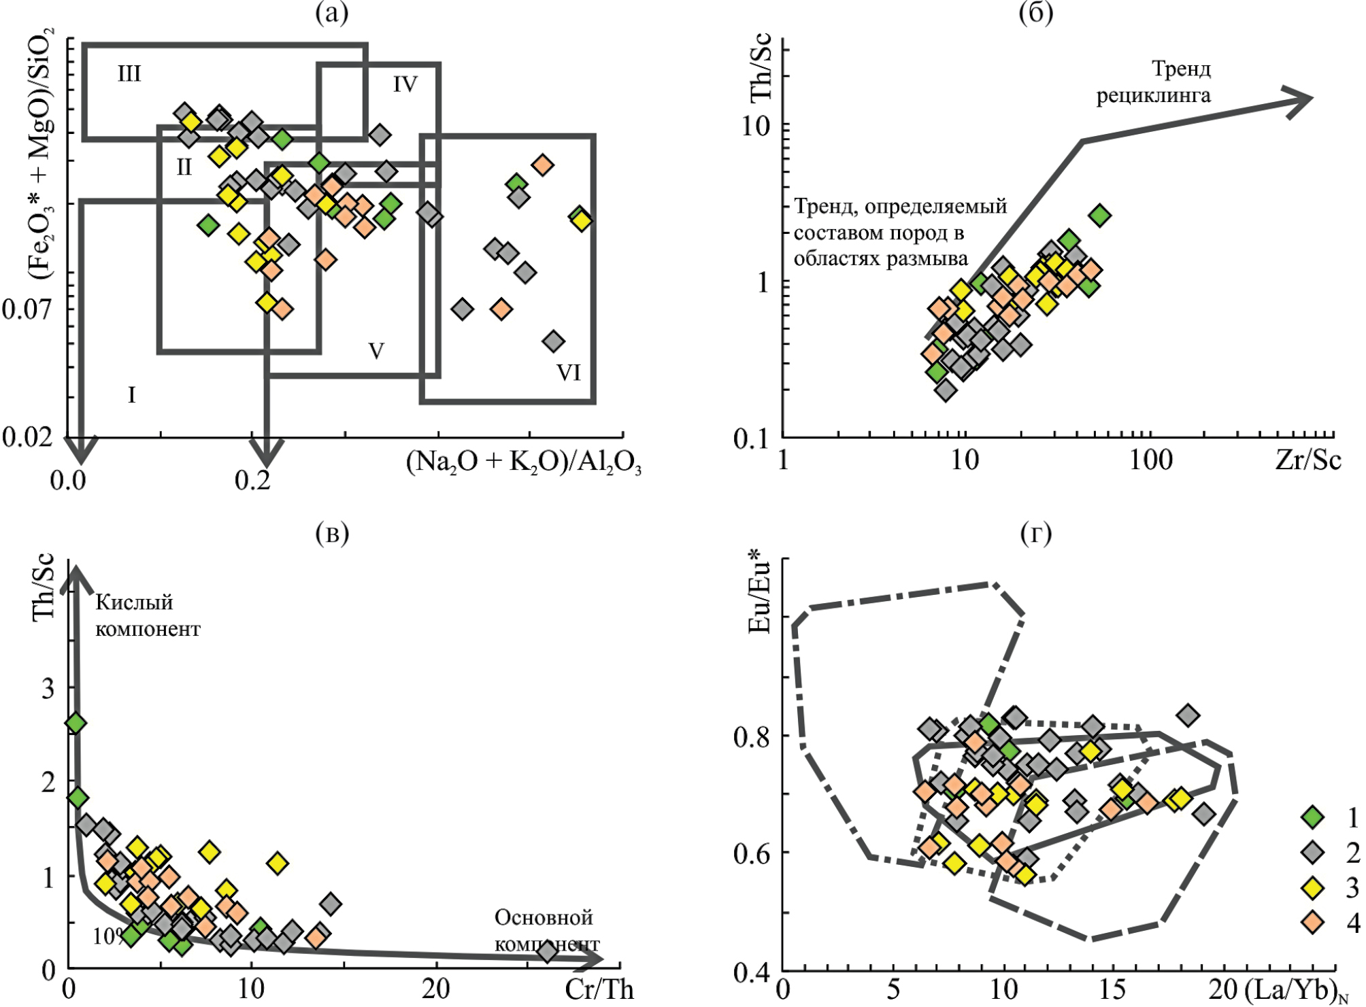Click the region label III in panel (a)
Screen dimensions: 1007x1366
129,73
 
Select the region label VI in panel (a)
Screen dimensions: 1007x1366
568,372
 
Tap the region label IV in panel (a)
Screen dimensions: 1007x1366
405,84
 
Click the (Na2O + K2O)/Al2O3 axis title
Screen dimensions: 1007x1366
523,462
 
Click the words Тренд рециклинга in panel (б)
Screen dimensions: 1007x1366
1154,82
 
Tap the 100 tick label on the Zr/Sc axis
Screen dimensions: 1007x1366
1151,460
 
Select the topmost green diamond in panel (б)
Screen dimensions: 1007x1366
1099,216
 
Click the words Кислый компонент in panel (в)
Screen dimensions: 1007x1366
148,615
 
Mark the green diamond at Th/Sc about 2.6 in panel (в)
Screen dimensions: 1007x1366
76,723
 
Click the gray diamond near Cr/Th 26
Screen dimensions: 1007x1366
548,951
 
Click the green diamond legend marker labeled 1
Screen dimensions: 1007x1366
1312,817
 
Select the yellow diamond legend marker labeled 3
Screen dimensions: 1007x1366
1312,887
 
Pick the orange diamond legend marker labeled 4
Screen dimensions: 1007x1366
1312,923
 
